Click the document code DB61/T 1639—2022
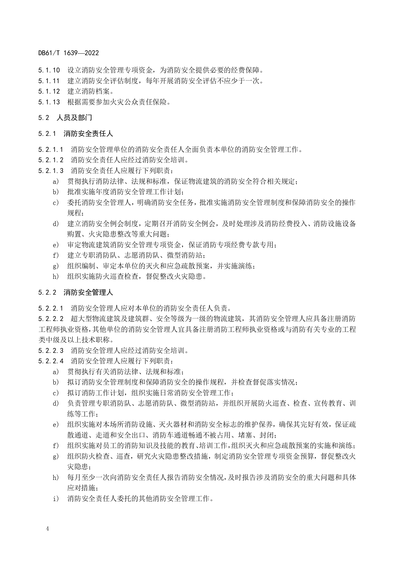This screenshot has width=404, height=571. click(x=68, y=53)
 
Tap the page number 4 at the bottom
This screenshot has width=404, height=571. click(x=48, y=529)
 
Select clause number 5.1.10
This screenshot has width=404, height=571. click(x=49, y=70)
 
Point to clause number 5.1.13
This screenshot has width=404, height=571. click(x=49, y=102)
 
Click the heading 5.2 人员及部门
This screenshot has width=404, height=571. click(x=65, y=118)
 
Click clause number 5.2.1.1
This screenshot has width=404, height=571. click(x=50, y=150)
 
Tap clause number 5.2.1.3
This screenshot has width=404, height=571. click(x=50, y=170)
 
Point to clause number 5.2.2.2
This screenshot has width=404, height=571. click(x=50, y=319)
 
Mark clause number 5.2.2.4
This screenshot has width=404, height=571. click(x=50, y=361)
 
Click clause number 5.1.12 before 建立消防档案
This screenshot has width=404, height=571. click(x=49, y=91)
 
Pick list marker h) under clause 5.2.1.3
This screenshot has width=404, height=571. click(x=56, y=276)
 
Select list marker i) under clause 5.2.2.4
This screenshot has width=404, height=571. click(x=56, y=498)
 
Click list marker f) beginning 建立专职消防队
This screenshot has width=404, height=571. click(x=56, y=255)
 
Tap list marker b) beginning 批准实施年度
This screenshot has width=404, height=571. click(x=56, y=192)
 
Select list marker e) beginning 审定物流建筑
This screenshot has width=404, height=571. click(x=56, y=245)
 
